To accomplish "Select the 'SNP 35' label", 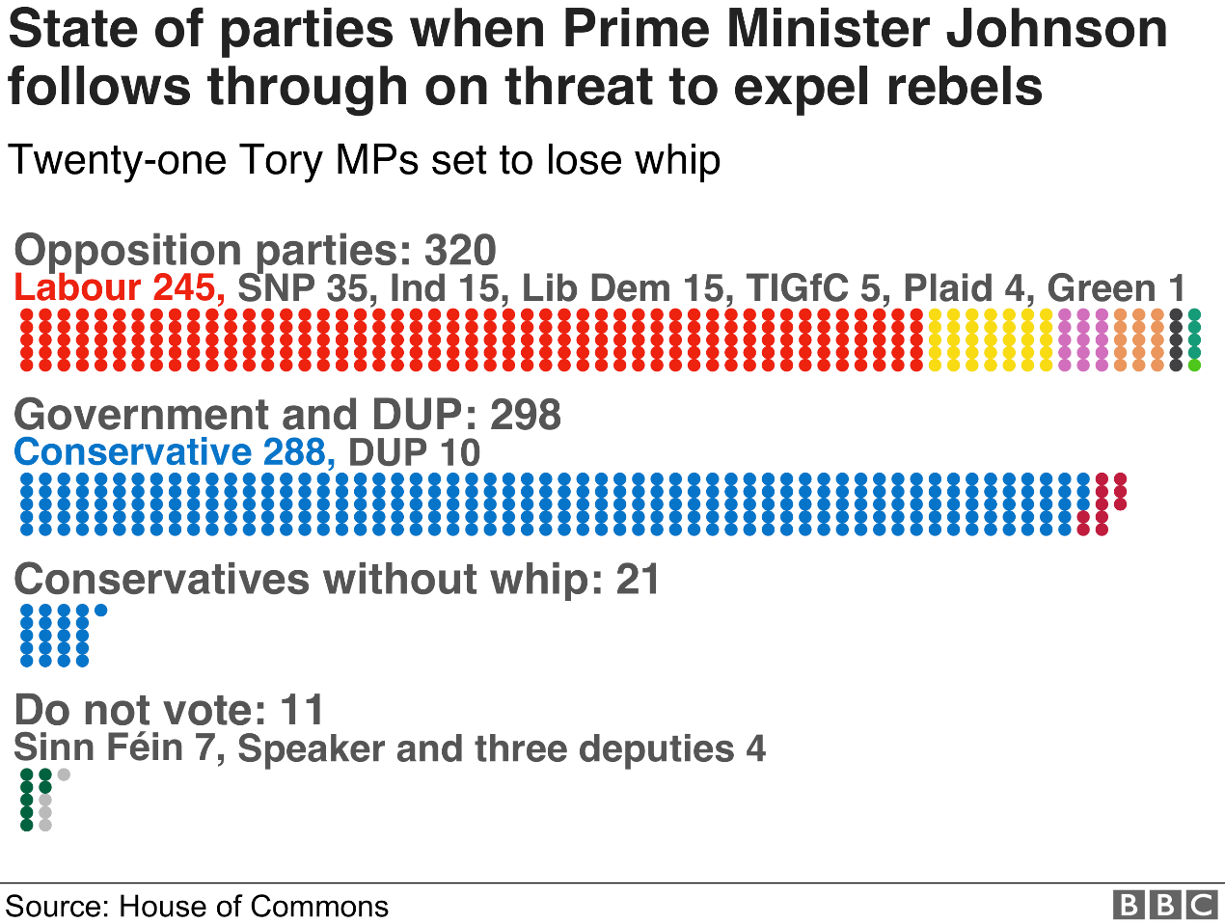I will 302,288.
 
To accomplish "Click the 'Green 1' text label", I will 1116,288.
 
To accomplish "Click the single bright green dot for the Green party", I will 1194,365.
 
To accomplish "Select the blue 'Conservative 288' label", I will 175,452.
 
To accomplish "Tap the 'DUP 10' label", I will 414,452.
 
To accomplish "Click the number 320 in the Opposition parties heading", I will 460,251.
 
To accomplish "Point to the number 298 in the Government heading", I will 526,415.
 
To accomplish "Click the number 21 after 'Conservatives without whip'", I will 639,580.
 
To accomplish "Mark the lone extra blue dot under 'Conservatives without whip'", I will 100,610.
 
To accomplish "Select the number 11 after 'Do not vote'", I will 302,711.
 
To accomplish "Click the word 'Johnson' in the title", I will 1056,29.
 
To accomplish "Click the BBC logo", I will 1165,905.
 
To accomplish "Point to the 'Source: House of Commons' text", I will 197,907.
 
